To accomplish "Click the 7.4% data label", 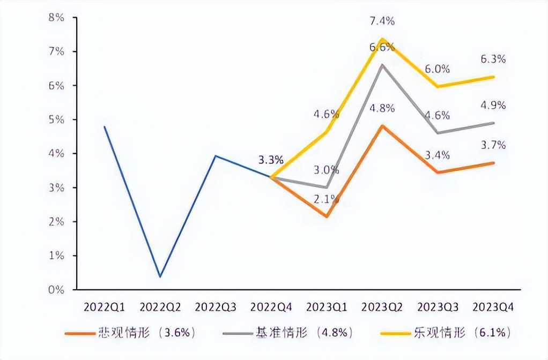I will point(382,21).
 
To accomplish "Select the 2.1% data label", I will point(327,199).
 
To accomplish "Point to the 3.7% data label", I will point(493,145).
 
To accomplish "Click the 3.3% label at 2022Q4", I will point(271,160).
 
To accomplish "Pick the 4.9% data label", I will point(493,106).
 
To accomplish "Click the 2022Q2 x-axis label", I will point(160,307).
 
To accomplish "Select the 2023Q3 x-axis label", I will point(438,307).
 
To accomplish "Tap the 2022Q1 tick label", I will point(104,307).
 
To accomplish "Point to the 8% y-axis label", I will point(56,18).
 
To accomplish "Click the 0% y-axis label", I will point(56,290).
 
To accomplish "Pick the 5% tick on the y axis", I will point(56,119).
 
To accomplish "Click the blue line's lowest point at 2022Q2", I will point(160,276).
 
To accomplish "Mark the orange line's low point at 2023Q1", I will point(327,216).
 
